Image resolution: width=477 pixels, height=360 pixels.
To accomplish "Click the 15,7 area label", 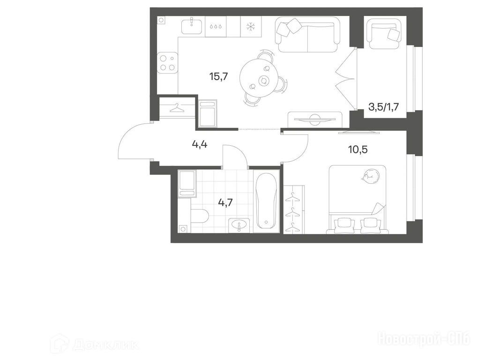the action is tap(218, 76).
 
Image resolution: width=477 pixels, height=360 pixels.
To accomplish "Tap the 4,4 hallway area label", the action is tap(200, 144).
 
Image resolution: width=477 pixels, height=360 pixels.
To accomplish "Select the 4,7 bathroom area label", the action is tap(225, 202).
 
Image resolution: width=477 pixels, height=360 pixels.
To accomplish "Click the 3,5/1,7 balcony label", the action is tap(383, 107).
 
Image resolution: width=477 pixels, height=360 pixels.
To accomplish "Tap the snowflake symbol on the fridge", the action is tap(251, 27).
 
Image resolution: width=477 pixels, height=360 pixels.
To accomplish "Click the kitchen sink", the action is tap(191, 26).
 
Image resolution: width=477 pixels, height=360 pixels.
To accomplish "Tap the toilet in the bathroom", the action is tap(200, 216).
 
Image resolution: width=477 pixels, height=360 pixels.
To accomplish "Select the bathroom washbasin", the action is tap(239, 226).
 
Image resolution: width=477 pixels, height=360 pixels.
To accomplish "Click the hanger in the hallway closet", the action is tap(177, 107).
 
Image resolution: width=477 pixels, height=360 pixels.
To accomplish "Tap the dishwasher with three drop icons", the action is tap(216, 27).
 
